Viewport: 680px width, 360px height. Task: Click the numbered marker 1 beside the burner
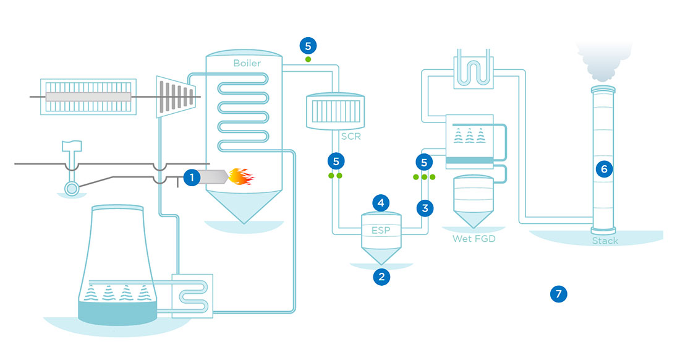coord(192,178)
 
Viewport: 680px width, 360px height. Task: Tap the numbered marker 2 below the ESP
coord(381,276)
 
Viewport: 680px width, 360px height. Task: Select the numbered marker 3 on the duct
coord(424,208)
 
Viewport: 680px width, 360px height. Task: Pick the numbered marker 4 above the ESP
coord(381,202)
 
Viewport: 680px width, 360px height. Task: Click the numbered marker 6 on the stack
coord(605,168)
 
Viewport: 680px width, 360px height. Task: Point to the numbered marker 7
coord(558,294)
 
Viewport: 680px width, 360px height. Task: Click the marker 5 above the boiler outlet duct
coord(308,45)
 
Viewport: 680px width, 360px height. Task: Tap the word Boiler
coord(247,63)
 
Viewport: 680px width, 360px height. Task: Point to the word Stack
coord(605,241)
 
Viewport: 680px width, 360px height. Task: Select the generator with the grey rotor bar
coord(87,96)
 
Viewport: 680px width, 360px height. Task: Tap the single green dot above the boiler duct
coord(308,59)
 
